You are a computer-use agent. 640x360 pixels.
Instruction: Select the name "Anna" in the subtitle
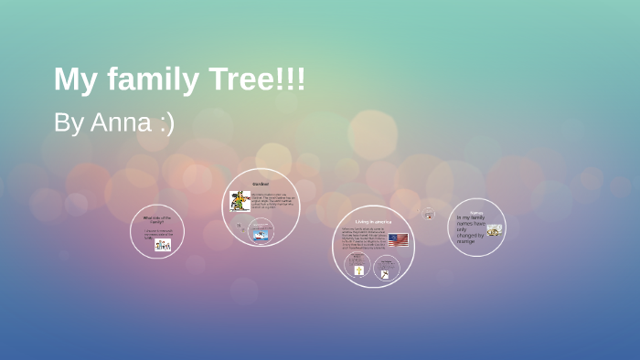[120, 122]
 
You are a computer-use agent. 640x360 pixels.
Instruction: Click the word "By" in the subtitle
[69, 122]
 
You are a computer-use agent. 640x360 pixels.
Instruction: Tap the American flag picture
[398, 240]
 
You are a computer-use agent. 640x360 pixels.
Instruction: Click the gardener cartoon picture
[240, 200]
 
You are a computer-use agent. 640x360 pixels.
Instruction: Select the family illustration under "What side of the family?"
[163, 244]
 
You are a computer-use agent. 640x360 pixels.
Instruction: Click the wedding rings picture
[494, 230]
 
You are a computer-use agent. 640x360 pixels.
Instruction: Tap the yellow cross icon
[358, 270]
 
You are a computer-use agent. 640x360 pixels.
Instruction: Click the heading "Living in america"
[372, 221]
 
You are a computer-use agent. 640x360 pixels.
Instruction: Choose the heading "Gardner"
[261, 184]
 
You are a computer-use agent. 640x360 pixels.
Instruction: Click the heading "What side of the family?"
[157, 219]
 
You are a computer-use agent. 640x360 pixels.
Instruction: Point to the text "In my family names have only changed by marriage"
[470, 229]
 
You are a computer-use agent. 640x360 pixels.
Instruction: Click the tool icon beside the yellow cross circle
[386, 271]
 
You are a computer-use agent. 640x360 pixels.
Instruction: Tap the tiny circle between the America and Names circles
[428, 213]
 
